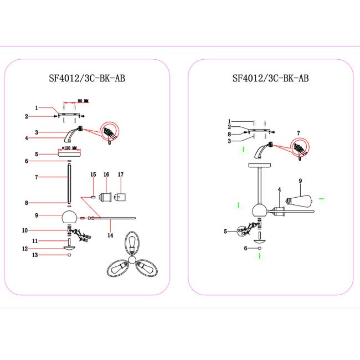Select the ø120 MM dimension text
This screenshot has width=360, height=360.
(x=70, y=148)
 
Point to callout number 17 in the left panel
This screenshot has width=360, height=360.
(x=120, y=174)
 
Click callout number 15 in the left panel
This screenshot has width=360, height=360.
(x=93, y=174)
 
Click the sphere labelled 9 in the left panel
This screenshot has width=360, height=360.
(x=69, y=216)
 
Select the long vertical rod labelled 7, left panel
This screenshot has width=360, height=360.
(x=69, y=183)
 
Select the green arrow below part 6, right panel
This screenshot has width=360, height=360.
(x=260, y=256)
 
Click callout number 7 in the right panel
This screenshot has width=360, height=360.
(x=298, y=133)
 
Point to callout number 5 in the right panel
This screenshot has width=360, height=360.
(x=226, y=232)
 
